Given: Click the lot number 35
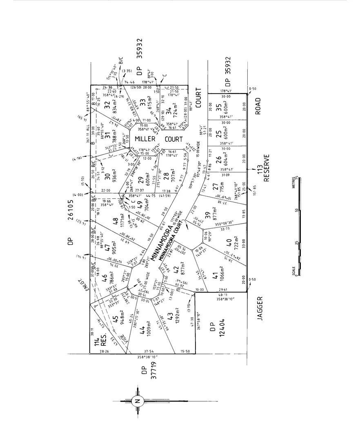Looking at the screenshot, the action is coord(219,108).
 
